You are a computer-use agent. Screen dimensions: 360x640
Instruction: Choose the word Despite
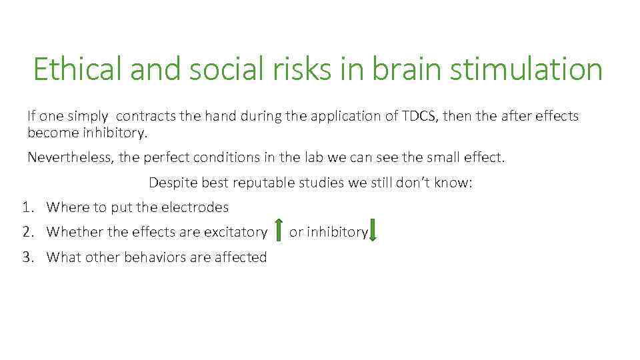[171, 183]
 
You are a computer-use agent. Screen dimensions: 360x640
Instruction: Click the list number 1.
[27, 207]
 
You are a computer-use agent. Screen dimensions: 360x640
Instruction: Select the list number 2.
[27, 232]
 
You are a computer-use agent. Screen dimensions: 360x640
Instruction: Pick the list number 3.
[27, 257]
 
